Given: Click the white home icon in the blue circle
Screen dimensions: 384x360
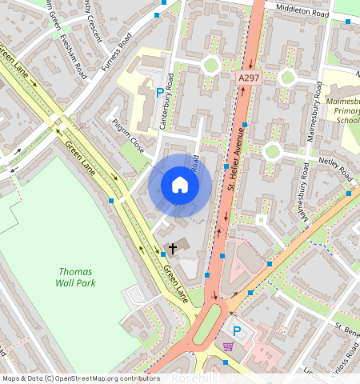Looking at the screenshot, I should tap(180, 186).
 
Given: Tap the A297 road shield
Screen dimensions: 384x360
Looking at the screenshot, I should tap(248, 78).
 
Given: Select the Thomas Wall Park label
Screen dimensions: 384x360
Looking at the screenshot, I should tap(76, 277).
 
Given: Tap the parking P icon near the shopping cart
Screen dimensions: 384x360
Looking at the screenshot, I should tap(236, 330).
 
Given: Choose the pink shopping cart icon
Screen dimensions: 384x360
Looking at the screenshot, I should tap(230, 346).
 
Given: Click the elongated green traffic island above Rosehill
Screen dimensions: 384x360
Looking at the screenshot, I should tap(205, 328).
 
